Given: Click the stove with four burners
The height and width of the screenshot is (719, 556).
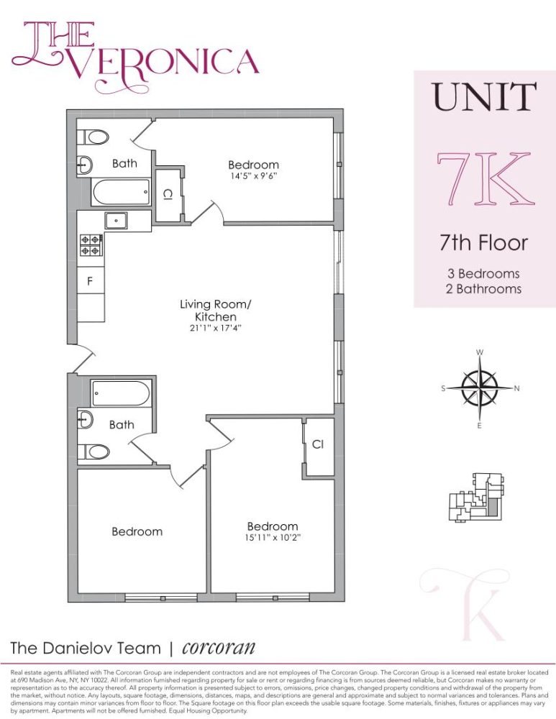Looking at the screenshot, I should [91, 245].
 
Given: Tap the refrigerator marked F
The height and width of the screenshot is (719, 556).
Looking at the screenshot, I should [91, 281].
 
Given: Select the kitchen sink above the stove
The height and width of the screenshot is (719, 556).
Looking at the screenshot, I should [114, 221].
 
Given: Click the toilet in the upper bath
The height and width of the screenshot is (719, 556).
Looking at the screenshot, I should [93, 137].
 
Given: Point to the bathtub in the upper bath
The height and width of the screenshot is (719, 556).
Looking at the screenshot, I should [121, 192].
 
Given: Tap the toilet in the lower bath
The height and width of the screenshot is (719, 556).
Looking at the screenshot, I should [94, 452].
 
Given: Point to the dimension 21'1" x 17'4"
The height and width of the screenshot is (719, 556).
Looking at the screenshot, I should [215, 329].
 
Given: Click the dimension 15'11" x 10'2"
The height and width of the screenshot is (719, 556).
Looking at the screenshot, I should [272, 538].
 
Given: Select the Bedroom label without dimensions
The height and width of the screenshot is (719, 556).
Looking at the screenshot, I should [137, 531].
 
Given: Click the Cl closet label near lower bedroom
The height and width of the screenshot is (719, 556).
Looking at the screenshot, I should [317, 444].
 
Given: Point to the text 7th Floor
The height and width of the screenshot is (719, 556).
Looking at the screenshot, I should [483, 243].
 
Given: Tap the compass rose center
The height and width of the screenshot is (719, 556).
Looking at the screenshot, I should [479, 388].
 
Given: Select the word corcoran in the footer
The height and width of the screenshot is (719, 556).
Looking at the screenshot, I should [219, 646].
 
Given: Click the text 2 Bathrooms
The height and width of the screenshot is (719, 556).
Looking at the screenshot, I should [483, 289].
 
